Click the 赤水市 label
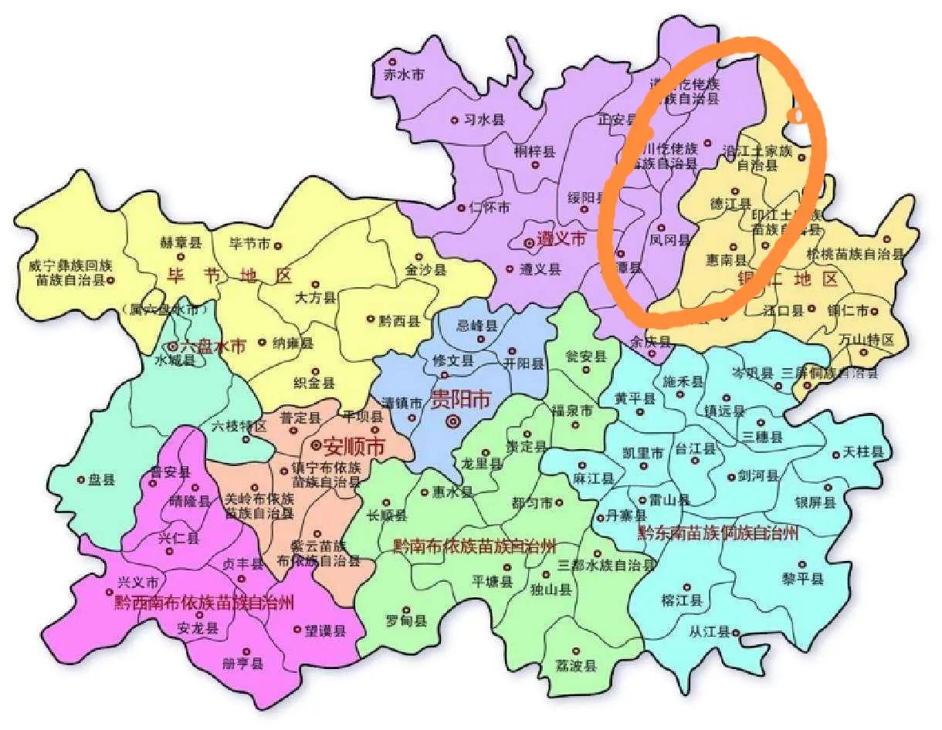pos(405,75)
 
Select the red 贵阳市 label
pos(461,399)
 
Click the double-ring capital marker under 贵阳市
pos(453,421)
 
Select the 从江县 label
pos(710,632)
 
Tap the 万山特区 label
pos(867,340)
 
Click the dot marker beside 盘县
pos(81,479)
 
